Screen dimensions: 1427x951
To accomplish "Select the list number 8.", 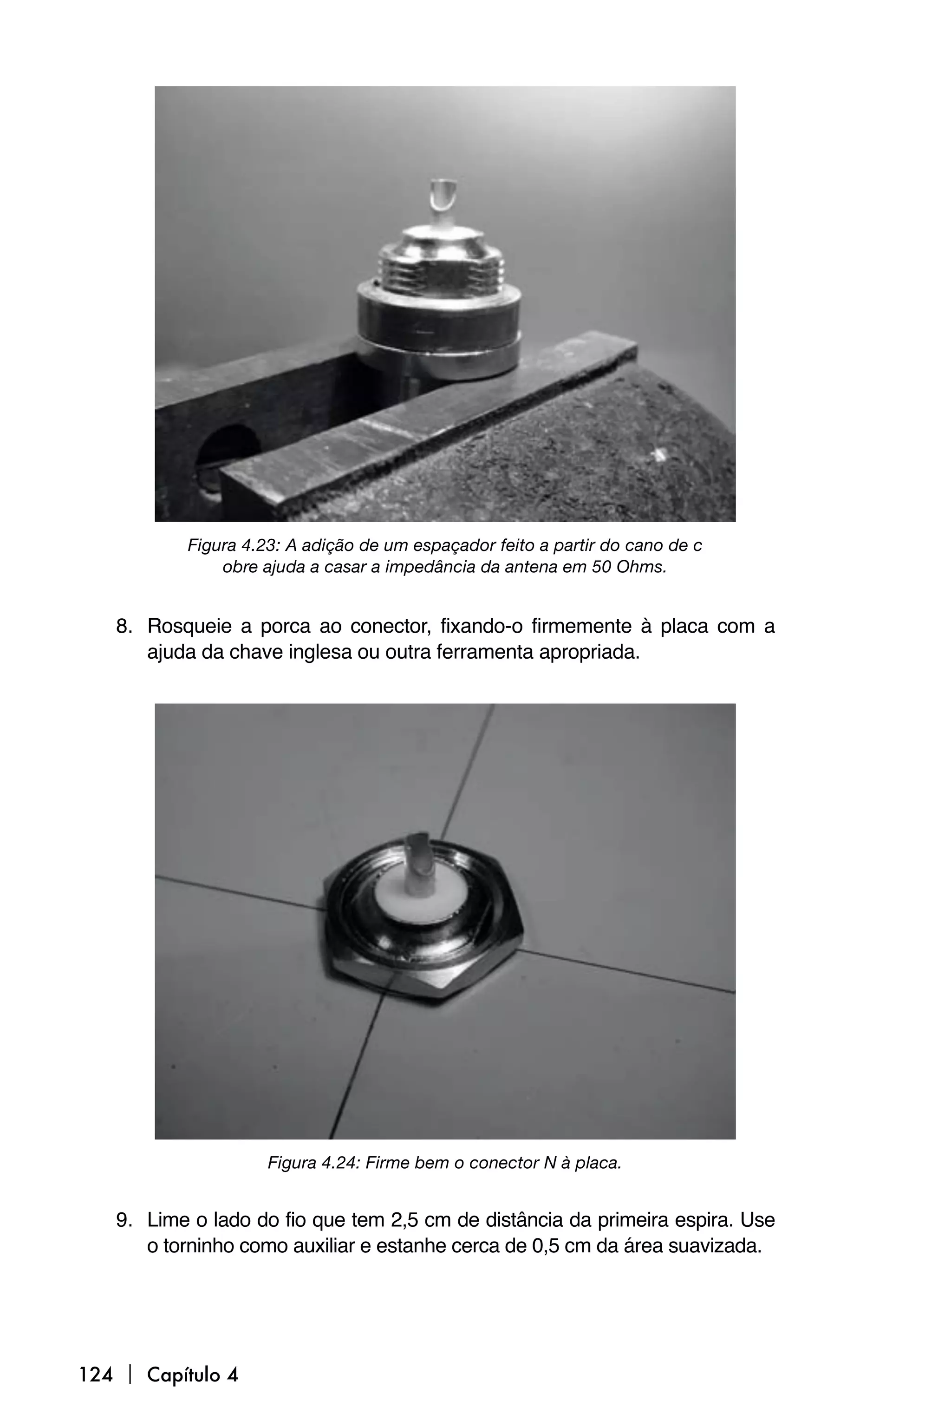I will click(x=123, y=626).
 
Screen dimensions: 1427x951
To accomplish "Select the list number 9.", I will click(x=123, y=1219).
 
